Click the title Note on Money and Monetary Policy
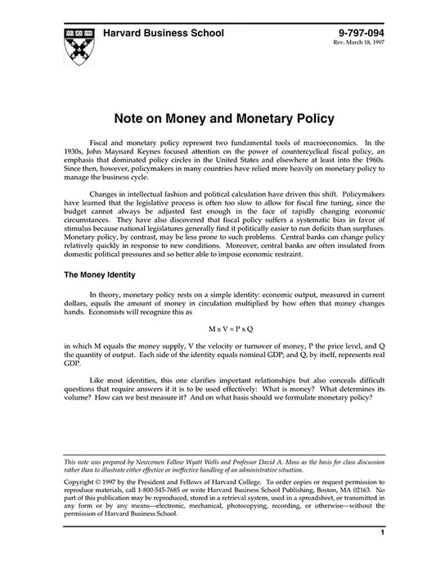(x=218, y=119)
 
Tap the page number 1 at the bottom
(x=382, y=532)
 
